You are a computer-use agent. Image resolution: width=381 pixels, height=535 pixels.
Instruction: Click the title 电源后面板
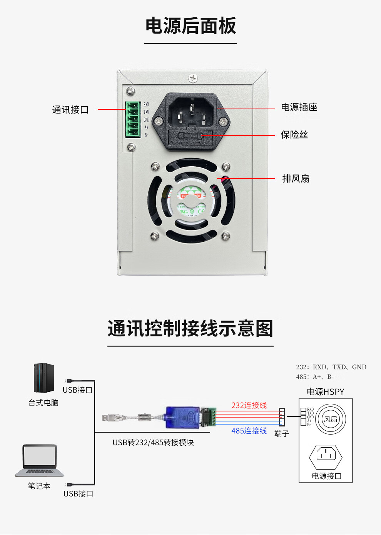click(190, 26)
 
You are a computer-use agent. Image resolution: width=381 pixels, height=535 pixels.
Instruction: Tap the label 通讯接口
click(70, 110)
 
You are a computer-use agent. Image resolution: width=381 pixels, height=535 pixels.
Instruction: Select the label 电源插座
click(299, 107)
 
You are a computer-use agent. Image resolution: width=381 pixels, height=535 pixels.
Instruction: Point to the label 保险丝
click(294, 135)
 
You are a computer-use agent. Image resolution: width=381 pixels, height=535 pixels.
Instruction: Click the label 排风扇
click(296, 179)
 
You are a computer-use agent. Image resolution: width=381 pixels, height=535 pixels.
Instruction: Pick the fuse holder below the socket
click(190, 137)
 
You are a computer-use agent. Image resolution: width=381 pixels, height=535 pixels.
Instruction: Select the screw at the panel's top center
click(193, 78)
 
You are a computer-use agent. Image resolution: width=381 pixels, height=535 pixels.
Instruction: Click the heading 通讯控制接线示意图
click(190, 329)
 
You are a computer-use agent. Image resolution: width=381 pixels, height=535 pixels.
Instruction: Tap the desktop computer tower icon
click(43, 378)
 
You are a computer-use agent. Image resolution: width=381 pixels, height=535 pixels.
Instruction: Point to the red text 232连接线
click(249, 405)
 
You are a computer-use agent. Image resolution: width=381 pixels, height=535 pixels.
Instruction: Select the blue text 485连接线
click(249, 431)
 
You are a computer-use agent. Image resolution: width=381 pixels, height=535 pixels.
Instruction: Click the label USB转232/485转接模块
click(153, 443)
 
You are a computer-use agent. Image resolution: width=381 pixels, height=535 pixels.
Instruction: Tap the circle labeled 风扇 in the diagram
click(331, 419)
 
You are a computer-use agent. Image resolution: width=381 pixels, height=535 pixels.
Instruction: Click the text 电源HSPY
click(325, 392)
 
